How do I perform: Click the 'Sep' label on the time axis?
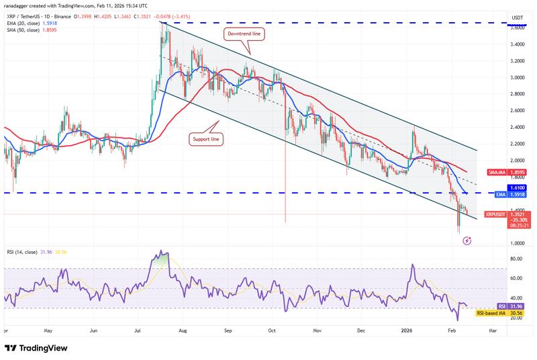tap(228, 330)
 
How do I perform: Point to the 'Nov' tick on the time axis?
tap(316, 330)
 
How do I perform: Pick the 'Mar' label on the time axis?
tap(493, 330)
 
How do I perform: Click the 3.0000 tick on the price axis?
tap(517, 77)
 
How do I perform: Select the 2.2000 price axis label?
tap(517, 144)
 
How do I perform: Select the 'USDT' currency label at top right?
tap(517, 17)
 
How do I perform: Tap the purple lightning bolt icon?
tap(467, 240)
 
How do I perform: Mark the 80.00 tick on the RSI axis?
tap(517, 257)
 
